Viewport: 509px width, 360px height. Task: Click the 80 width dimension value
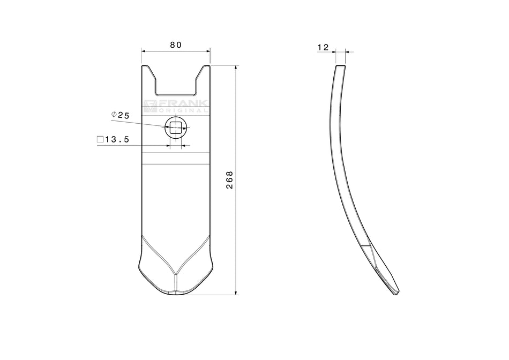pos(176,45)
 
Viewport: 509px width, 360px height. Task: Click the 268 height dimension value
pos(230,180)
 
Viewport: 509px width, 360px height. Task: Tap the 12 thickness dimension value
pos(323,47)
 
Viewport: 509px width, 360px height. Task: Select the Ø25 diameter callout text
pos(120,115)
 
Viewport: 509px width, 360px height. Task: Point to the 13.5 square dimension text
pos(117,140)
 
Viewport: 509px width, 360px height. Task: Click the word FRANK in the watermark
pos(183,103)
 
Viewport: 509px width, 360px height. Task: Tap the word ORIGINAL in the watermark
pos(183,110)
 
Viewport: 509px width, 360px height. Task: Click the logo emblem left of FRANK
pos(151,106)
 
